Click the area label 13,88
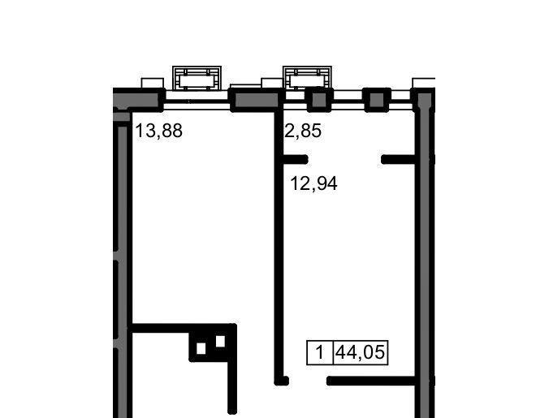tap(159, 131)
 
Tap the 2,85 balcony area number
tap(303, 131)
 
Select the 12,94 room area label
tap(313, 183)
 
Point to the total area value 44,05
tap(361, 352)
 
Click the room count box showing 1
tap(320, 352)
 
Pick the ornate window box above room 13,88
tap(197, 78)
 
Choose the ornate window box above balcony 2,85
tap(307, 78)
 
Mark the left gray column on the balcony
tap(319, 99)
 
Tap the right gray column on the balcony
tap(377, 99)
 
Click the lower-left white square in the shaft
tap(201, 349)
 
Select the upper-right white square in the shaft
tap(220, 341)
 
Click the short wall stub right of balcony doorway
tap(398, 159)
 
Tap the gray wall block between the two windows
tap(256, 99)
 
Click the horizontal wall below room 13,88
tap(184, 328)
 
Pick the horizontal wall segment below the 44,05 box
tap(371, 381)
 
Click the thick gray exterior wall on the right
tap(425, 252)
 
